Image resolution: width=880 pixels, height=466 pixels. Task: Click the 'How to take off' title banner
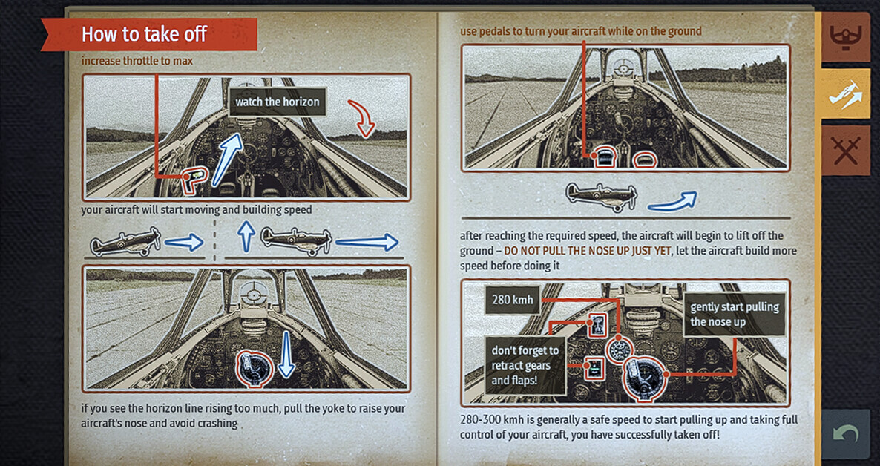[x=148, y=35]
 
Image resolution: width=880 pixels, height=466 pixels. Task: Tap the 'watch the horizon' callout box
[x=278, y=102]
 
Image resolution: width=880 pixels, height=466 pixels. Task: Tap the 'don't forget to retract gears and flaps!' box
[x=525, y=366]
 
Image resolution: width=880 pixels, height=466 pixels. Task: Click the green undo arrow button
[x=846, y=435]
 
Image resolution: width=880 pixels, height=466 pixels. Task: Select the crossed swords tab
[x=846, y=151]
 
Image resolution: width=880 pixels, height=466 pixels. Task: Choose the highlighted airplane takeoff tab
[x=846, y=93]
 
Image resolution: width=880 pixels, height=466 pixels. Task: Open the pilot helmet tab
[x=846, y=37]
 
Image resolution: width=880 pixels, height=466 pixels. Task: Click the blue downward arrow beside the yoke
[x=286, y=355]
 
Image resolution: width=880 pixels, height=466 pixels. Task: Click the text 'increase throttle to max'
[x=137, y=61]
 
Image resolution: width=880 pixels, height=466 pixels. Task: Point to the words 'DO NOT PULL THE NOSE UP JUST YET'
[x=587, y=250]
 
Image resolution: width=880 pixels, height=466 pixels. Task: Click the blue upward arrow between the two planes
[x=246, y=236]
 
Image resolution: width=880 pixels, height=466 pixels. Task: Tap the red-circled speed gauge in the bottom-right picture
[x=620, y=351]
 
